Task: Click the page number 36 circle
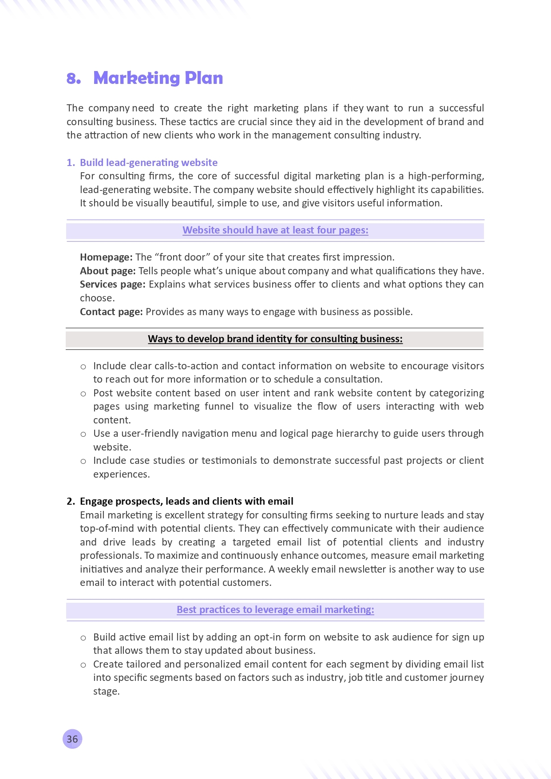(72, 739)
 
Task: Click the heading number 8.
(74, 79)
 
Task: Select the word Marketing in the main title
(136, 78)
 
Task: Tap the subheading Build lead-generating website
(148, 162)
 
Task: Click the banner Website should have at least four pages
(275, 230)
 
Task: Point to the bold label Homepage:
(106, 257)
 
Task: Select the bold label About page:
(108, 271)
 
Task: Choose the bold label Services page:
(113, 285)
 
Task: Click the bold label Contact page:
(111, 312)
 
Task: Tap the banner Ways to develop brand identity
(275, 339)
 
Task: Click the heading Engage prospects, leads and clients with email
(186, 502)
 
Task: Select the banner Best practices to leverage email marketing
(275, 610)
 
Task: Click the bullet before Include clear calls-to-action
(83, 367)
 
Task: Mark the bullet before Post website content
(83, 394)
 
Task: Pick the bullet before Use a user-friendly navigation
(83, 434)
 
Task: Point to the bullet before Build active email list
(83, 638)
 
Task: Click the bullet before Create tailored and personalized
(83, 665)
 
